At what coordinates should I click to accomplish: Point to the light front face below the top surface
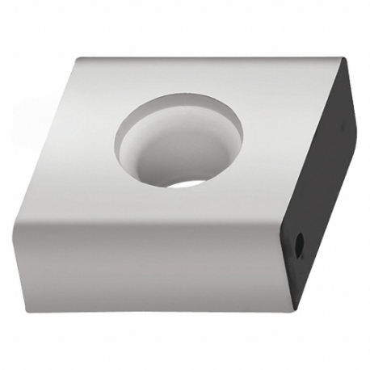click(145, 259)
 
